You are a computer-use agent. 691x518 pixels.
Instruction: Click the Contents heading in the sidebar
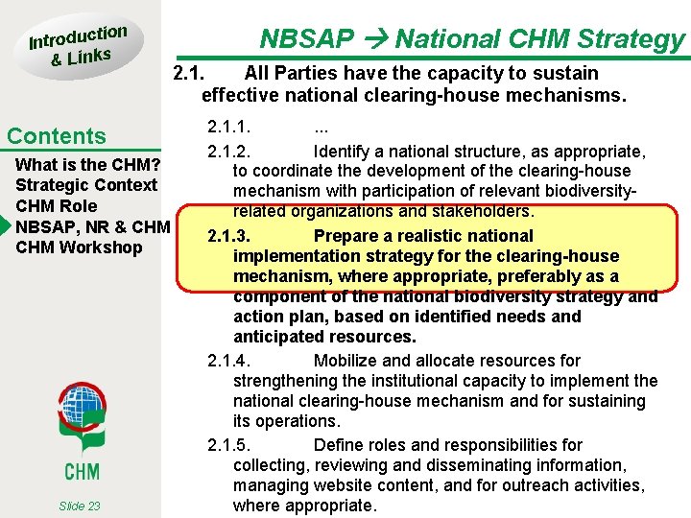point(57,136)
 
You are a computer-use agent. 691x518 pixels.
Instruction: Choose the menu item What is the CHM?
point(87,164)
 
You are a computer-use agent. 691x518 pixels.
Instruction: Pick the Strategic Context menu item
point(86,184)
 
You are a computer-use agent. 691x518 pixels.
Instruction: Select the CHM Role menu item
point(57,205)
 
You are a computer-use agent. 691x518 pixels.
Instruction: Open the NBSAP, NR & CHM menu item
point(92,226)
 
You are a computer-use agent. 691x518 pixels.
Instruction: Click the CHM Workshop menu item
point(79,247)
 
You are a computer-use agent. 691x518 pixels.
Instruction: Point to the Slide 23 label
point(79,506)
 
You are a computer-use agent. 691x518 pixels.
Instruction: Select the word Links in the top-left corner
point(89,57)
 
